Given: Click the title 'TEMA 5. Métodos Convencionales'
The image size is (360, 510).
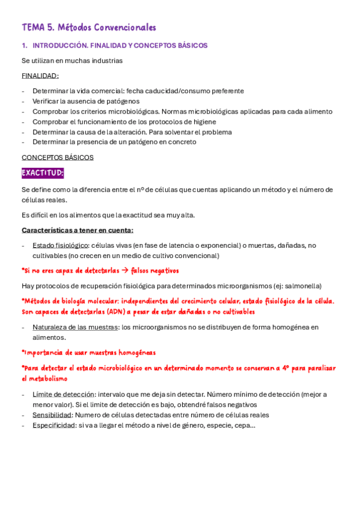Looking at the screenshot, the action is [x=89, y=28].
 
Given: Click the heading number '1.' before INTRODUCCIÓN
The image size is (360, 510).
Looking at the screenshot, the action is [x=25, y=46].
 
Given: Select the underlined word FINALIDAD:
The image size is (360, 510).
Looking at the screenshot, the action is [x=40, y=76].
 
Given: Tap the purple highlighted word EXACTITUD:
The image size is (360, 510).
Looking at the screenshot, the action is [x=43, y=173].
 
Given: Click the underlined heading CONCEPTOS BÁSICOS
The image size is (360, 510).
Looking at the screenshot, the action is [x=58, y=158].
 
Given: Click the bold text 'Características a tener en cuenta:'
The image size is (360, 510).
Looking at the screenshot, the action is [x=78, y=230].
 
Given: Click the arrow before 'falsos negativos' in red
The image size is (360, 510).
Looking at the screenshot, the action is [x=125, y=271].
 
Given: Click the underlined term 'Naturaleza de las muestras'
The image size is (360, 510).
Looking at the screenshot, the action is [x=75, y=327].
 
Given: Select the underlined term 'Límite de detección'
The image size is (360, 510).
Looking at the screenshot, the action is [x=64, y=395].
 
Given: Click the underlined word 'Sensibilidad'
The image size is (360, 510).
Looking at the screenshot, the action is [x=52, y=415].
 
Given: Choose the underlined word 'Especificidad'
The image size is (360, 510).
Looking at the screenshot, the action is [x=53, y=425].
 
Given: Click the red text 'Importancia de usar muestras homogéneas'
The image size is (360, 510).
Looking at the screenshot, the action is [x=90, y=352].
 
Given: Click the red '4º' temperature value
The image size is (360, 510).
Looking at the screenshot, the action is [x=287, y=368].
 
